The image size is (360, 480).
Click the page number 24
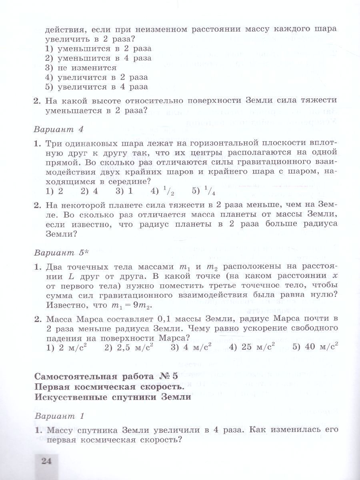coord(47,461)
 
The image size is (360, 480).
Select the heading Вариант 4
coord(59,129)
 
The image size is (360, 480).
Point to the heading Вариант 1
coord(59,416)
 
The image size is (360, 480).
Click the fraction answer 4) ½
coord(162,191)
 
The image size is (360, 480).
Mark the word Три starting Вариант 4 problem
coord(53,143)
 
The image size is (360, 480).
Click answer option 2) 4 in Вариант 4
coord(89,191)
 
